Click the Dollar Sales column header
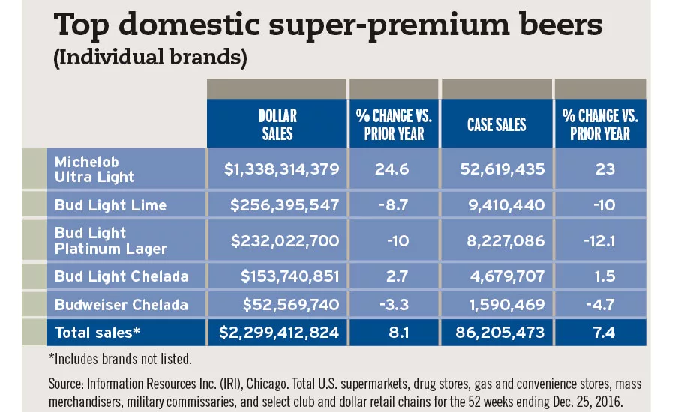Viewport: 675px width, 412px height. (277, 125)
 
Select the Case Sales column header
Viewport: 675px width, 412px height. (496, 125)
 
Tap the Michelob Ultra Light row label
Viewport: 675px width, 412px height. (94, 169)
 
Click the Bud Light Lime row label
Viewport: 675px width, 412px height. (109, 205)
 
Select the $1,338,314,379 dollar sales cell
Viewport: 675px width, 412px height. (282, 169)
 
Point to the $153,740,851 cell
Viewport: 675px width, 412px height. (289, 276)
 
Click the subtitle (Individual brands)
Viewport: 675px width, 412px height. (150, 58)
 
